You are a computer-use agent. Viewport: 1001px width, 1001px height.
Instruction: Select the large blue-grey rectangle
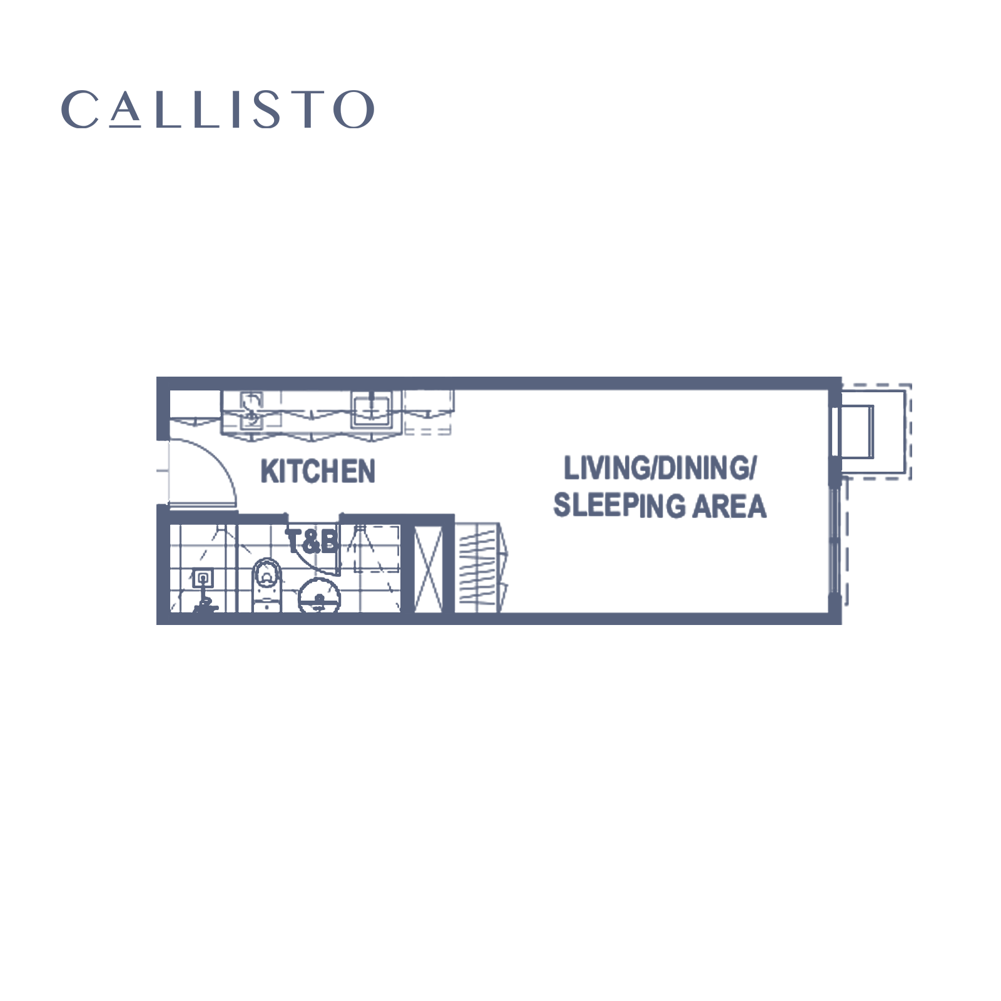534,500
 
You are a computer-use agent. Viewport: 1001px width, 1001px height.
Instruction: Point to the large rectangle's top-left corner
156,377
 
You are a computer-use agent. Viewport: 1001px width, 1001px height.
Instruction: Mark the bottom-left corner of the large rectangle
156,624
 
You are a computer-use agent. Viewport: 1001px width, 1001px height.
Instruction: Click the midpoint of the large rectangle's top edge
534,377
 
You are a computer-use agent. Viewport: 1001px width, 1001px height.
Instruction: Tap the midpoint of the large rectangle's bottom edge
534,624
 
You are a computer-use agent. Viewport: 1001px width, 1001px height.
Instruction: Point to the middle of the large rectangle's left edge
156,500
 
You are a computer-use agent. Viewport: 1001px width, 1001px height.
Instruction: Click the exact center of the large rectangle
534,500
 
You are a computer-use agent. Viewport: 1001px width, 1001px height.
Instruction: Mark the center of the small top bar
218,109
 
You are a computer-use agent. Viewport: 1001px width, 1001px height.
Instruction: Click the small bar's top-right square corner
370,91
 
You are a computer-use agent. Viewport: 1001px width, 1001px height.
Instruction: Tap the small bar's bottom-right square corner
370,128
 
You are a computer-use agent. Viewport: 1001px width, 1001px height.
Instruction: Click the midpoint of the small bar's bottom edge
220,128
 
